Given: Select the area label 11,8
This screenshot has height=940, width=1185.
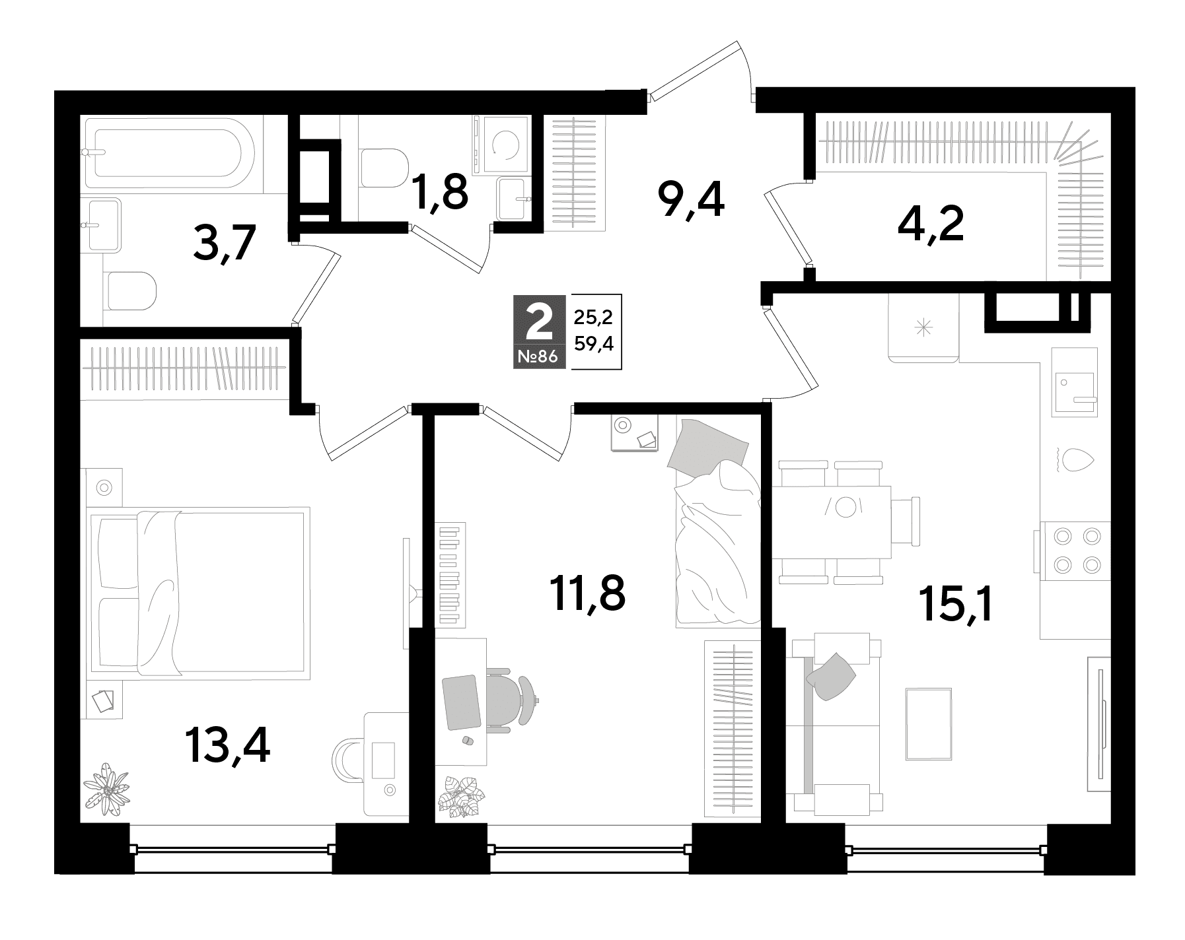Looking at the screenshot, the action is point(587,593).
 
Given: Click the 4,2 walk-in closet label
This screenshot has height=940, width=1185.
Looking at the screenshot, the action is point(931,224).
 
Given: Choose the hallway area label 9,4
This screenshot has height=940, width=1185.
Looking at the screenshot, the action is point(690,201).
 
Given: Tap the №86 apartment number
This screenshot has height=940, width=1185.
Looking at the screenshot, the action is point(540,357).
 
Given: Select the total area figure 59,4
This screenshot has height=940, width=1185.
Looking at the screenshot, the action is point(594,343).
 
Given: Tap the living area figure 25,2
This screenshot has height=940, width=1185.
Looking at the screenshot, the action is point(593,318).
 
